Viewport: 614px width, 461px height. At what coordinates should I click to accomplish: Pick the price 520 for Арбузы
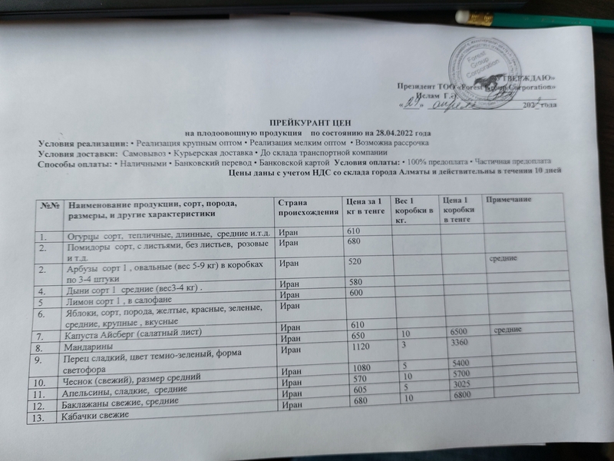pos(355,263)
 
